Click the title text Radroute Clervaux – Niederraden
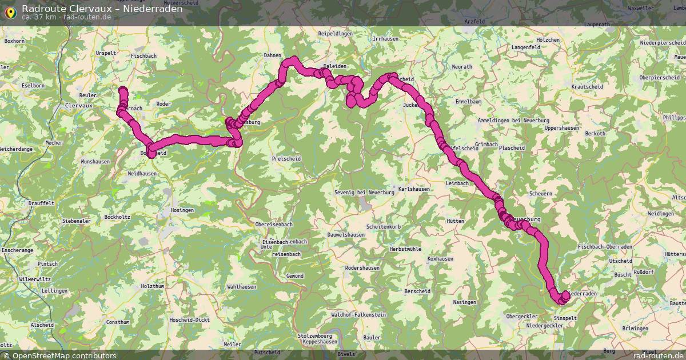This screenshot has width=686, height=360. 102,9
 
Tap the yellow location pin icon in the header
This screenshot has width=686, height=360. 10,12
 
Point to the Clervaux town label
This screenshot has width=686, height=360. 79,106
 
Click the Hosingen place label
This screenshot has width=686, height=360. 182,210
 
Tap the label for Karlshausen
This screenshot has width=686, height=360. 414,189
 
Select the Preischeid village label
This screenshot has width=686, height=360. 287,158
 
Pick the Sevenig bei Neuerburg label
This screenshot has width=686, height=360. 365,193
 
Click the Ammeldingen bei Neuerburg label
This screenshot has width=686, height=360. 513,121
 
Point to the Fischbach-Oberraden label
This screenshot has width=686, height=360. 605,246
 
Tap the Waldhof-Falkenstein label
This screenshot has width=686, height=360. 358,315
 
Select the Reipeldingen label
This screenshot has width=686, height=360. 336,34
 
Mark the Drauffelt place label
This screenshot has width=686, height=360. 41,203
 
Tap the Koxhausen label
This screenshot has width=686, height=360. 440,259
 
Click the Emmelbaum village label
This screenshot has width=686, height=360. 468,101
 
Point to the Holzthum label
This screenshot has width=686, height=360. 152,286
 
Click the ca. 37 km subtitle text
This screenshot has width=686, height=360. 39,17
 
